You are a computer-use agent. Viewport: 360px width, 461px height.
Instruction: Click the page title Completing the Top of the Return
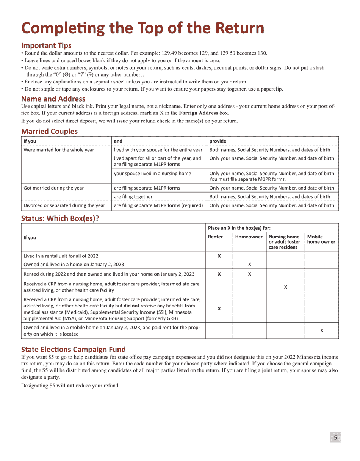[142, 28]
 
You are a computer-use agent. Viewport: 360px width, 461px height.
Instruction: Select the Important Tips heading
[46, 45]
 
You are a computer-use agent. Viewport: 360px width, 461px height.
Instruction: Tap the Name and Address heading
[53, 99]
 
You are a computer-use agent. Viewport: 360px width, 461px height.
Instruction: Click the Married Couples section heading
[49, 132]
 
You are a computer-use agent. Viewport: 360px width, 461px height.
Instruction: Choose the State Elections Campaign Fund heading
[73, 349]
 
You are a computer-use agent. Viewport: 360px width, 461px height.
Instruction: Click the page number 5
[335, 437]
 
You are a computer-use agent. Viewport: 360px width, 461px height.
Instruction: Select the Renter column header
[215, 237]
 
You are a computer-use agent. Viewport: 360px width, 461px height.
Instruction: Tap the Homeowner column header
[249, 237]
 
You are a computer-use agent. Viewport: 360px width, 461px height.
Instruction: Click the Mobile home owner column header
[321, 239]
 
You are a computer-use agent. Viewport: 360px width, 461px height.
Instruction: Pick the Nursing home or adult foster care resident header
[284, 242]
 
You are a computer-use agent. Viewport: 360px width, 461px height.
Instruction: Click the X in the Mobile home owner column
[322, 331]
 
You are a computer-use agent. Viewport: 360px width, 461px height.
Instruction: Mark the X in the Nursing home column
[285, 287]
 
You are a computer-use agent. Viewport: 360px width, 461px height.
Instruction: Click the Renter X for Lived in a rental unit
[219, 256]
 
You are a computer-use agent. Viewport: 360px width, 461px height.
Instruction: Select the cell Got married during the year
[54, 188]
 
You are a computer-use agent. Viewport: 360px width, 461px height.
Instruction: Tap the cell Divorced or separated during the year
[64, 205]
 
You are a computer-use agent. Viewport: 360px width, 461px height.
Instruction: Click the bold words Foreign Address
[198, 113]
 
